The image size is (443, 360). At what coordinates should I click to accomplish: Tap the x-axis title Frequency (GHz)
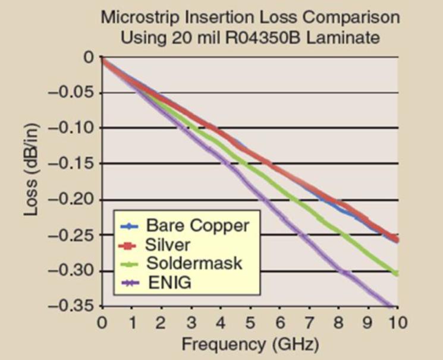250,344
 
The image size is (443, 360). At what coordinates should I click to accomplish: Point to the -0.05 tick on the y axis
66,93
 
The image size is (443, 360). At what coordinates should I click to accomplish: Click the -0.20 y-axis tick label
66,200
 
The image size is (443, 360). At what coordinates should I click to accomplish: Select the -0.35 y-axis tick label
66,307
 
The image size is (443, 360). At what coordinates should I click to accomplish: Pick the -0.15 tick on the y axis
66,164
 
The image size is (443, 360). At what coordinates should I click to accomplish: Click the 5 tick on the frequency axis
250,323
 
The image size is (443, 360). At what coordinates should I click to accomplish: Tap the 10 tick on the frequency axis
398,323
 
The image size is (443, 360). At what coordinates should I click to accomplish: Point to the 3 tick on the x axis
191,323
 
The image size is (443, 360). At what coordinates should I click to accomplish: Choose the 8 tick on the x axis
339,323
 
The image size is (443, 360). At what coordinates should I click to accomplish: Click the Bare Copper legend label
197,226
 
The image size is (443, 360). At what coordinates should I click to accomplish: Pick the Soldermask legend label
194,263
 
